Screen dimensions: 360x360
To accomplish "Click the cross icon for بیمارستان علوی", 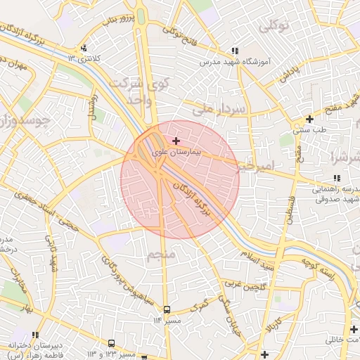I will point(176,141).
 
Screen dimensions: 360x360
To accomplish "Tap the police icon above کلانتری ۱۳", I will point(84,49).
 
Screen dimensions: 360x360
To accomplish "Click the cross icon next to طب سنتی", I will point(309,119).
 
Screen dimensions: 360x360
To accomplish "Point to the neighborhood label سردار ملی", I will point(221,110).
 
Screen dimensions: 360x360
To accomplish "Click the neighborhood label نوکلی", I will point(274,27).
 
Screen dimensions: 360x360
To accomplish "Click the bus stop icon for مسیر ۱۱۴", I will point(167,309).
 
